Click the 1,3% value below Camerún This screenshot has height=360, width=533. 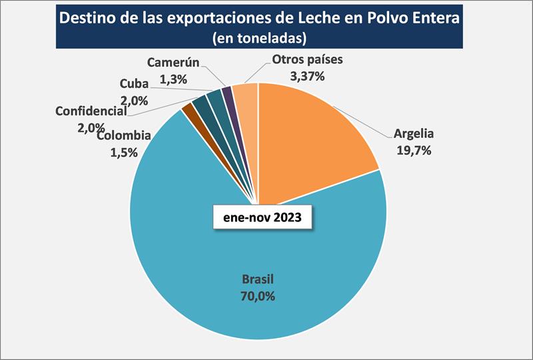[173, 79]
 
